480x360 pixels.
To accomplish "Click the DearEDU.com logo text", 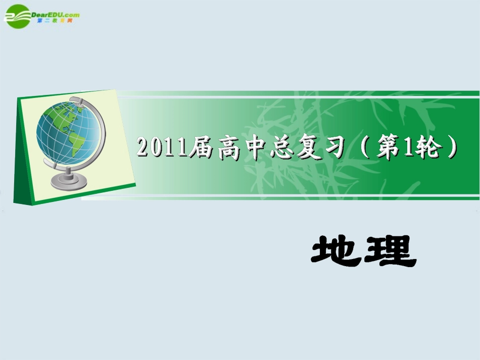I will pos(56,14).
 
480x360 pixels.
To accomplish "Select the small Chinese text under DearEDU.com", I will pos(58,21).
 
